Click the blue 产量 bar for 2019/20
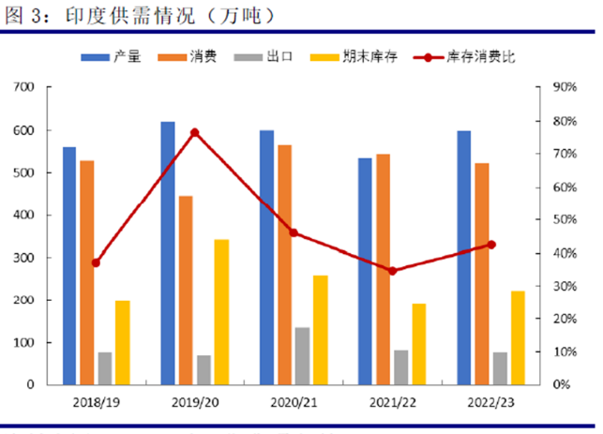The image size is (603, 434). (x=168, y=253)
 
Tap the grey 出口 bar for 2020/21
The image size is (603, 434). (x=302, y=356)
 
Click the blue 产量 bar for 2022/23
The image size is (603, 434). (x=464, y=258)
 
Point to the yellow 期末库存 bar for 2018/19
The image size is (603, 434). (x=123, y=342)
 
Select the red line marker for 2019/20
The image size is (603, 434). (x=194, y=133)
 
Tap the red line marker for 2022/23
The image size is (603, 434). (x=491, y=245)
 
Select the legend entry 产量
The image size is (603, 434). (x=127, y=57)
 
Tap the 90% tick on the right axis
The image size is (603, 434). (x=562, y=87)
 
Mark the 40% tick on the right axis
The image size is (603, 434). (x=562, y=253)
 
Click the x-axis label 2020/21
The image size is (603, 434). (x=294, y=402)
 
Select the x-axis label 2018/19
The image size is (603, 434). (x=96, y=402)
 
